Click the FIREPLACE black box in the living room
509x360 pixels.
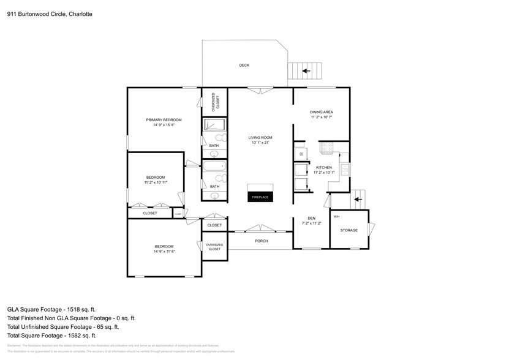[260, 197]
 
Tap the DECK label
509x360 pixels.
[244, 66]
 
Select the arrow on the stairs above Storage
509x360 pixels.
[358, 199]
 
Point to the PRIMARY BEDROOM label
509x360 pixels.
[164, 119]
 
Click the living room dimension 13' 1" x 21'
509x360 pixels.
[260, 142]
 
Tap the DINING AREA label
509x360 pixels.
[321, 112]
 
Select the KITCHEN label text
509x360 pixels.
[323, 167]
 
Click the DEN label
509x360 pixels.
[311, 219]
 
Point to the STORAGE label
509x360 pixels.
[349, 230]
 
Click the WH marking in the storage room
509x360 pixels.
[336, 217]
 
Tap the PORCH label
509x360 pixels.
[261, 241]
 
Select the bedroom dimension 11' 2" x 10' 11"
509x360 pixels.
[156, 182]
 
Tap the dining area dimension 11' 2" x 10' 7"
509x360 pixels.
[321, 117]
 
